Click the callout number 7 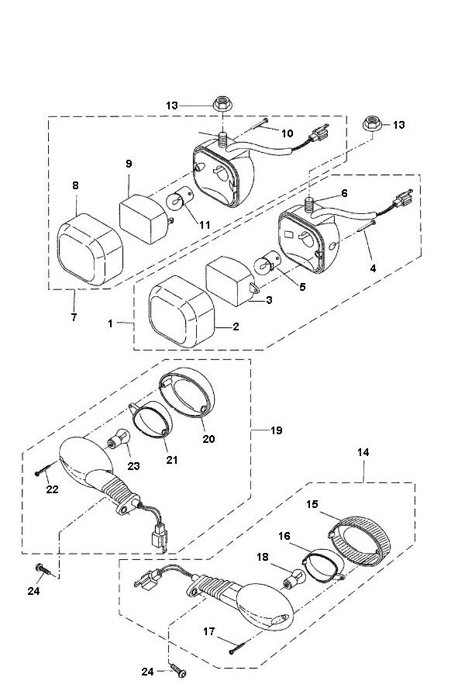[x=74, y=318]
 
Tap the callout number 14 [x=363, y=452]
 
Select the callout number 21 [x=171, y=459]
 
